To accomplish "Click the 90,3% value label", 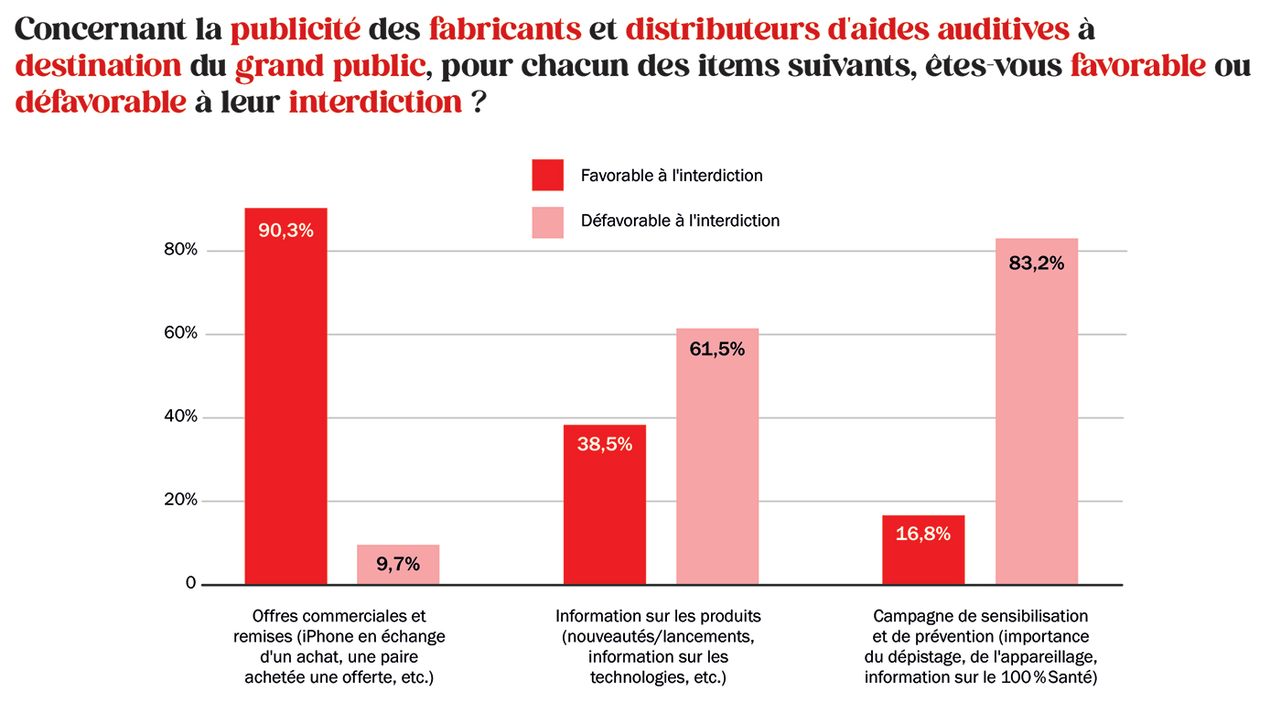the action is coord(285,231).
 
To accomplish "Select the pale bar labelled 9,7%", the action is coord(398,564).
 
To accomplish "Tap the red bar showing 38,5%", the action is coord(605,504).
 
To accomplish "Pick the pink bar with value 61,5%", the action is coord(717,456).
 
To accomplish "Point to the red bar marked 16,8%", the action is coord(923,549).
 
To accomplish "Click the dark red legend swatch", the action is coord(547,175).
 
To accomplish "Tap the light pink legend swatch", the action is coord(547,222).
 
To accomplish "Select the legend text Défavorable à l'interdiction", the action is coord(680,221).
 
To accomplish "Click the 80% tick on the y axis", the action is coord(181,250).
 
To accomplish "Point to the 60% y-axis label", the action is coord(181,333).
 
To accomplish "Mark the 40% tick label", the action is coord(181,416).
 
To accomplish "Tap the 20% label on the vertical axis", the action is coord(181,500).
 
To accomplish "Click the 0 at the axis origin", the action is coord(191,583).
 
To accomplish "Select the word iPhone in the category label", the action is coord(327,636).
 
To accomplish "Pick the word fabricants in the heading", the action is coord(505,28).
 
